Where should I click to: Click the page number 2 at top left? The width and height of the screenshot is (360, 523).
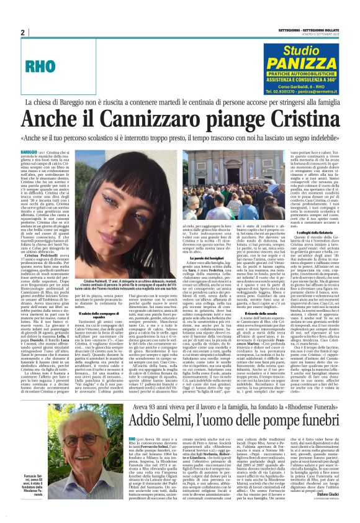(x=22, y=32)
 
